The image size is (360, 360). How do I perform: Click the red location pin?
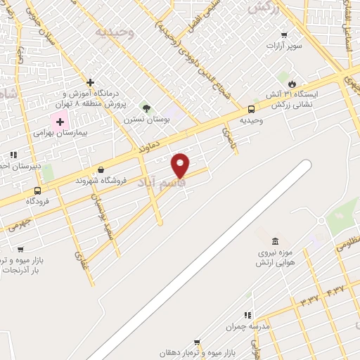tap(181, 165)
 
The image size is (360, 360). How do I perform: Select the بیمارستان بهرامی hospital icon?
tap(60, 122)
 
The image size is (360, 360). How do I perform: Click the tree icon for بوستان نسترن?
tap(146, 108)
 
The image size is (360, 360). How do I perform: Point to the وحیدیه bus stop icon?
tap(251, 109)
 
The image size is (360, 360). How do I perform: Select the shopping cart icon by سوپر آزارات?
tap(284, 35)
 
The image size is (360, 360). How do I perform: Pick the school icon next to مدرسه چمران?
tap(247, 316)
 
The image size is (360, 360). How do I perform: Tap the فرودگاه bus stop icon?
tap(37, 190)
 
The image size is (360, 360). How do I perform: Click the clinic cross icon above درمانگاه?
tap(90, 83)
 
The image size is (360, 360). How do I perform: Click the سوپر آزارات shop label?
tap(284, 46)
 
